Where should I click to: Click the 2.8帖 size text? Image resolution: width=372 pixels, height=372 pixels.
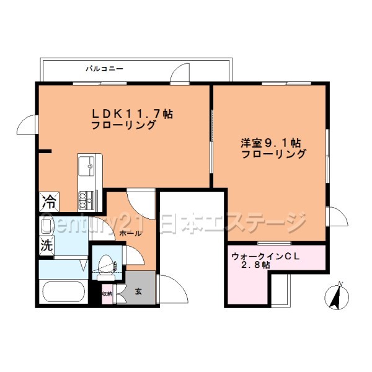(x=255, y=265)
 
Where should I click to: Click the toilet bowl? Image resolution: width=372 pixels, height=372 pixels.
(x=107, y=262)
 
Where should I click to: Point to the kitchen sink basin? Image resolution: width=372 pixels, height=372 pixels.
(x=86, y=165)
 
